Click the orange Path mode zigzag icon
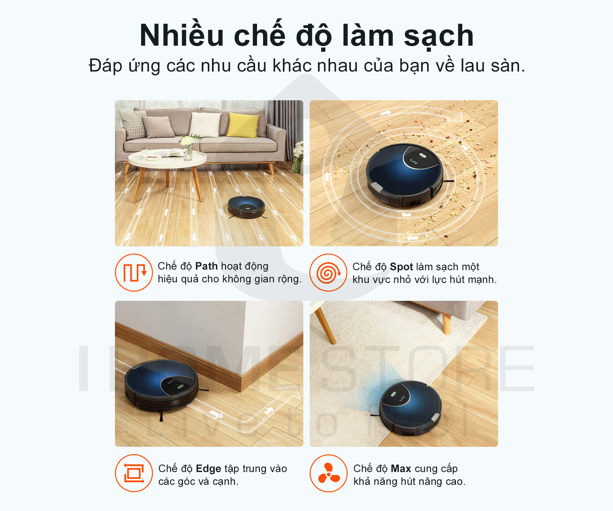point(134,272)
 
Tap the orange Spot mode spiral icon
point(328,272)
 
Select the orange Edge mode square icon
point(134,473)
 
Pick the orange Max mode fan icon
point(329,473)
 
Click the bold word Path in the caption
point(206,266)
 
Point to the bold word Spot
point(401,267)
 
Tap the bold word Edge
point(208,469)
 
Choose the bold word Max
point(401,469)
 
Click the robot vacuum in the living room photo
point(246,207)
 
